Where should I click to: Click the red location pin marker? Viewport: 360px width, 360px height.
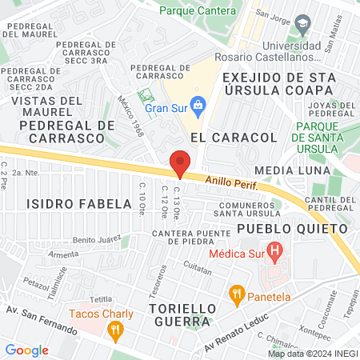point(180,163)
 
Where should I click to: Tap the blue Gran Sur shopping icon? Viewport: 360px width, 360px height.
point(199,104)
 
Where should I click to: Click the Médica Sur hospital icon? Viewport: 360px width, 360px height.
point(275,254)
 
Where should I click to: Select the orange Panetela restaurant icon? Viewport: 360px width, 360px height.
point(236,294)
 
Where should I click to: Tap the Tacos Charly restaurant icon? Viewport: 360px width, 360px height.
point(117,328)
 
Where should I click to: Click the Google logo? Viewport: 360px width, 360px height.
point(26,350)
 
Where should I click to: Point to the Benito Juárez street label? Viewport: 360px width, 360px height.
point(96,238)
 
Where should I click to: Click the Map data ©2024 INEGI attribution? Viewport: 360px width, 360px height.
point(313,354)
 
